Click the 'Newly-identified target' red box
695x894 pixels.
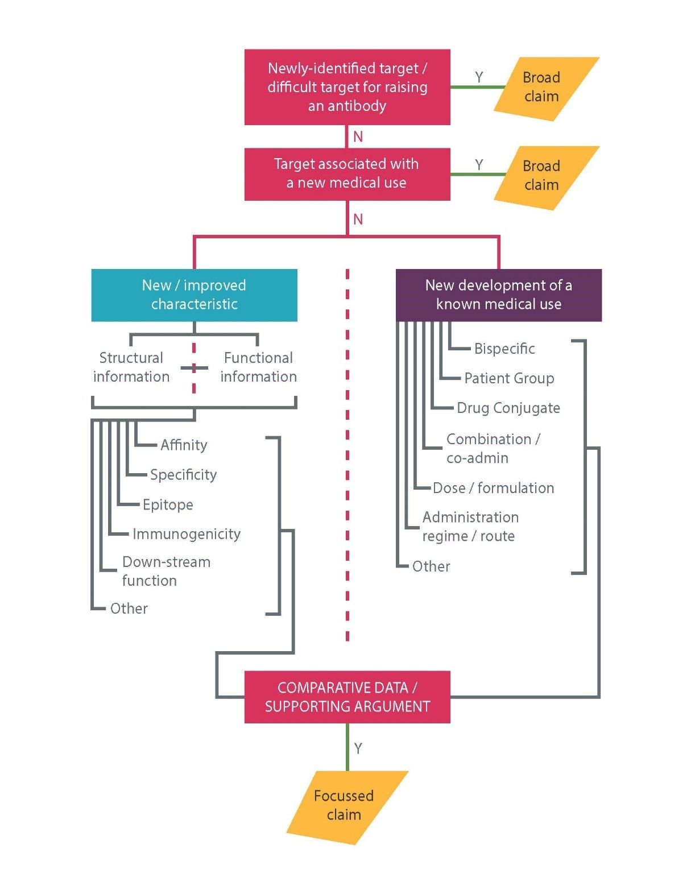(347, 87)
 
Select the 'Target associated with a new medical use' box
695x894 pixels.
(347, 173)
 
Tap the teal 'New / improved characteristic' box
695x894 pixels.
(194, 295)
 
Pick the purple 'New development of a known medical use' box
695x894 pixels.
(498, 295)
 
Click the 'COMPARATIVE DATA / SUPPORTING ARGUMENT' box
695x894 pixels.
(347, 697)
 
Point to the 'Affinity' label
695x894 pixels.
(184, 445)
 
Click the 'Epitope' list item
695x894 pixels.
(168, 504)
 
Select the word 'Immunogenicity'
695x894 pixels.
(187, 534)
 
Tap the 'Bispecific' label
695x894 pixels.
(504, 349)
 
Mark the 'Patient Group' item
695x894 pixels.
(509, 378)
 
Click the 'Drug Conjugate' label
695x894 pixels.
(508, 408)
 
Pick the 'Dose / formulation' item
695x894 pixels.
(493, 488)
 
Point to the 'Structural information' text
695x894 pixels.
(131, 367)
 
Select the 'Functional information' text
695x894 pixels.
(258, 367)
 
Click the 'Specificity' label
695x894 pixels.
(183, 475)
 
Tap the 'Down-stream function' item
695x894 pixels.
(166, 571)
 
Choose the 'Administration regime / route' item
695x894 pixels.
(470, 526)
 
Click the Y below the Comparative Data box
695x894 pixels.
(358, 748)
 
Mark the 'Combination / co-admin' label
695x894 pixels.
(493, 448)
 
